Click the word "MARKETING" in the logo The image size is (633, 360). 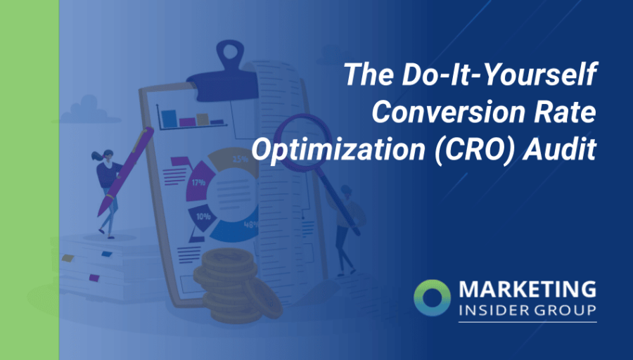click(527, 290)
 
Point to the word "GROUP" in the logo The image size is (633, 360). click(565, 310)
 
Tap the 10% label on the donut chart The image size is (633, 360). click(203, 217)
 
